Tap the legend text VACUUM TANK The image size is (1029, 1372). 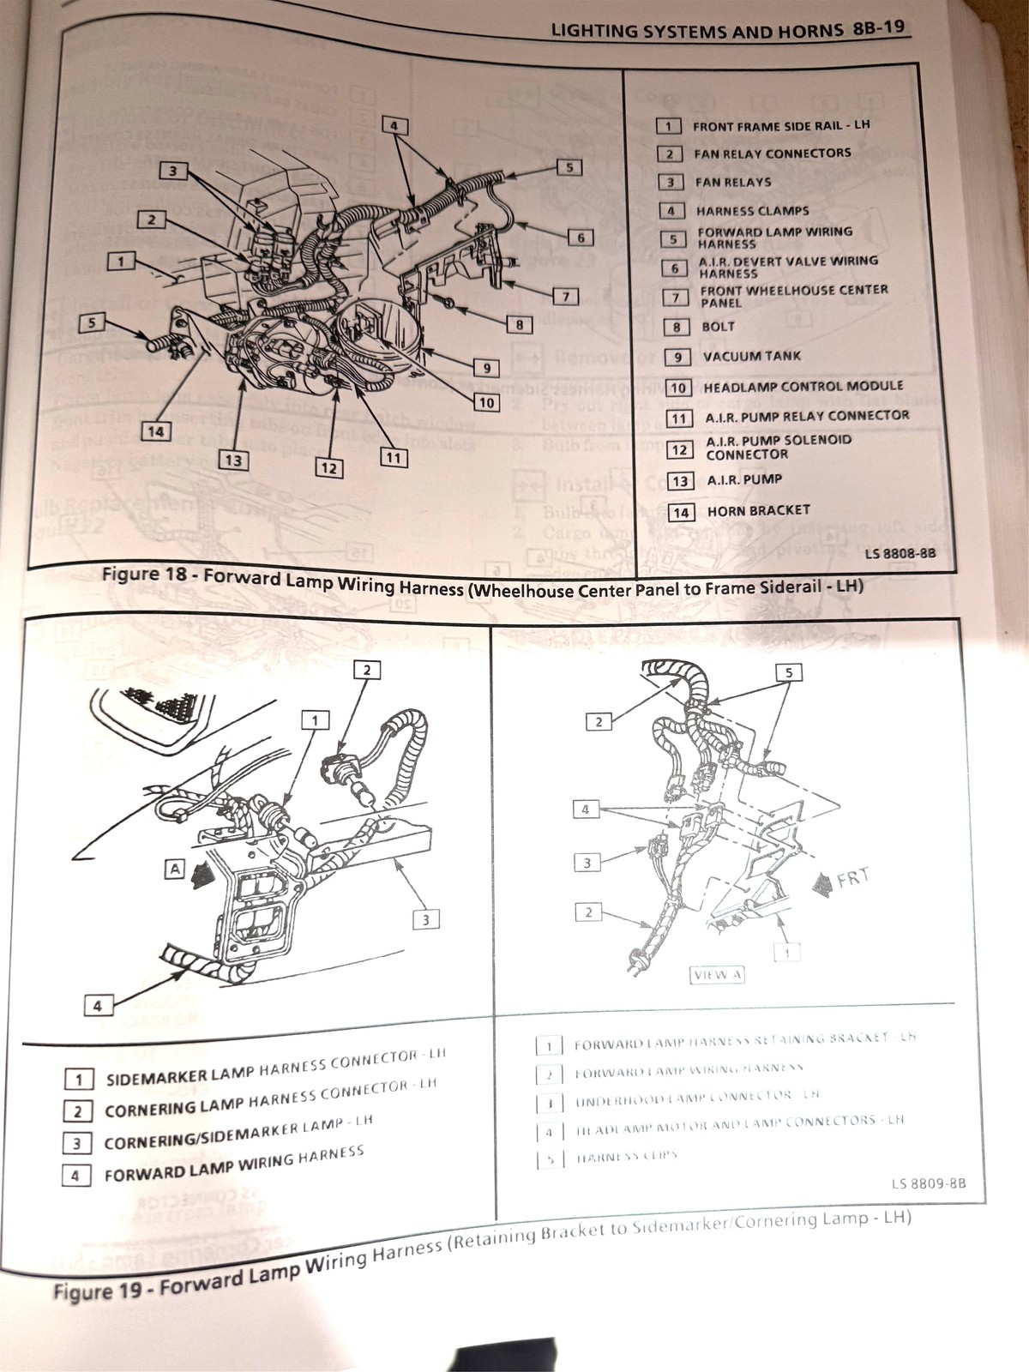[x=751, y=357]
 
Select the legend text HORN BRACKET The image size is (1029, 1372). [x=758, y=511]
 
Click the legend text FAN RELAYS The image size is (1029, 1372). [x=732, y=182]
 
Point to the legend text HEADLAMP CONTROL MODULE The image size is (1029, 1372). [x=803, y=387]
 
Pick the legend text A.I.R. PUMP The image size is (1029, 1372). [x=744, y=480]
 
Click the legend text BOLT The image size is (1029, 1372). [x=718, y=327]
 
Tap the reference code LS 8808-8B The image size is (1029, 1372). [x=900, y=554]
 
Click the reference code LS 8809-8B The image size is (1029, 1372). [x=928, y=1184]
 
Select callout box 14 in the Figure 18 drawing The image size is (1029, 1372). [x=155, y=431]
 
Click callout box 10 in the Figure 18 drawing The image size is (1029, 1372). [x=486, y=401]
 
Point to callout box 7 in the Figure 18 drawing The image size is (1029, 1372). [x=565, y=297]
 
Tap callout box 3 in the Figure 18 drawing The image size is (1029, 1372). [x=172, y=171]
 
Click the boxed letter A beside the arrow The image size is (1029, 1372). [x=175, y=869]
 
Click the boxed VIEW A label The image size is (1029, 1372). [x=717, y=974]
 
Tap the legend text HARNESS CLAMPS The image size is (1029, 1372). [x=752, y=211]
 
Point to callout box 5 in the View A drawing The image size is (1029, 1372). [x=788, y=671]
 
